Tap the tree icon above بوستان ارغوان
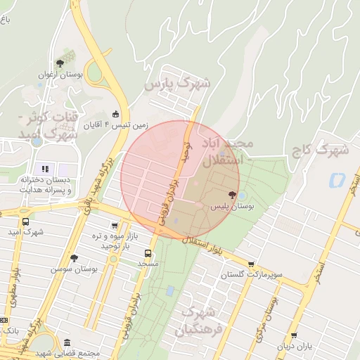[x=68, y=54]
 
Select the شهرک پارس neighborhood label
[x=177, y=84]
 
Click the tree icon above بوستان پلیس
[x=232, y=194]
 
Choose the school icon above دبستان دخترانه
[x=46, y=168]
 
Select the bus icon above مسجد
[x=148, y=252]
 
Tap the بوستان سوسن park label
[x=74, y=269]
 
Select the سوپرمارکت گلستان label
[x=250, y=274]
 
